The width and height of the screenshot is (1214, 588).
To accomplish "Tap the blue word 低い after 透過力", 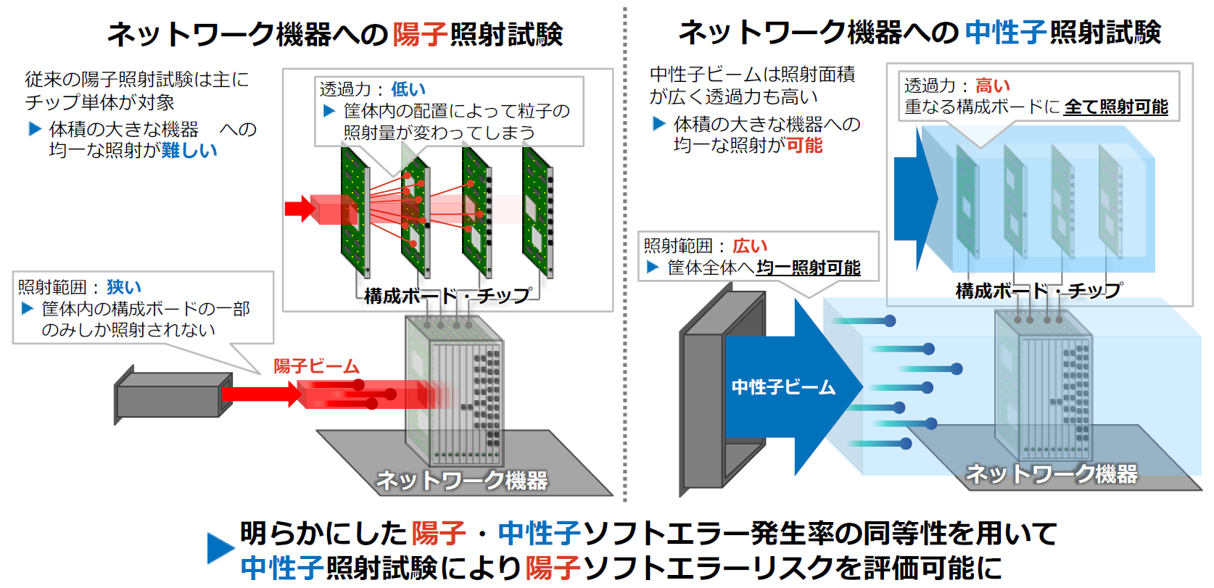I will pos(408,89).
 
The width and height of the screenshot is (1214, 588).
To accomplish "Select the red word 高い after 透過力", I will pos(992,86).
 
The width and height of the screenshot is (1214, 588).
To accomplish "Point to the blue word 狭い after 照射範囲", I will pos(124,287).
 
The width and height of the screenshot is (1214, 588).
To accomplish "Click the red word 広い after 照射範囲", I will pos(750,247).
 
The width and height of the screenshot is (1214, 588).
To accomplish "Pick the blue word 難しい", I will pos(189,150).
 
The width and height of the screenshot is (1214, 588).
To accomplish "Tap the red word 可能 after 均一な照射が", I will pos(804,146).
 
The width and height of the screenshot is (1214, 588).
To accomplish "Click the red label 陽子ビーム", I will pos(316,366).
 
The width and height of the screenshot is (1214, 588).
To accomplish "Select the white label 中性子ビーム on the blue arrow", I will pos(783,387).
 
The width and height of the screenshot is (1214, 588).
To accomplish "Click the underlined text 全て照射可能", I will pos(1116,107).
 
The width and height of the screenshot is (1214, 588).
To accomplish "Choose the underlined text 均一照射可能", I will pos(808,268).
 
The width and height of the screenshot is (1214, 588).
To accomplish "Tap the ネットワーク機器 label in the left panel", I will pos(462,480).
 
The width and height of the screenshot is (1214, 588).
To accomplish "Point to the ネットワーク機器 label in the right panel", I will pos(1052,474).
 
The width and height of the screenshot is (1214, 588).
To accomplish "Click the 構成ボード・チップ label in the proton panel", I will pos(447,296).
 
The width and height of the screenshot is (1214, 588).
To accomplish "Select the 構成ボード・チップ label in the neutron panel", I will pos(1038,291).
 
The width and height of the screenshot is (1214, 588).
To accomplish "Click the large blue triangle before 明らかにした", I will pos(220,548).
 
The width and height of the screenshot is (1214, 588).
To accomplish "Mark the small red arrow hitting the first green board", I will pos(300,210).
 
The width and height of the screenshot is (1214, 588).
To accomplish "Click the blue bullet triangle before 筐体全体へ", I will pos(653,268).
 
